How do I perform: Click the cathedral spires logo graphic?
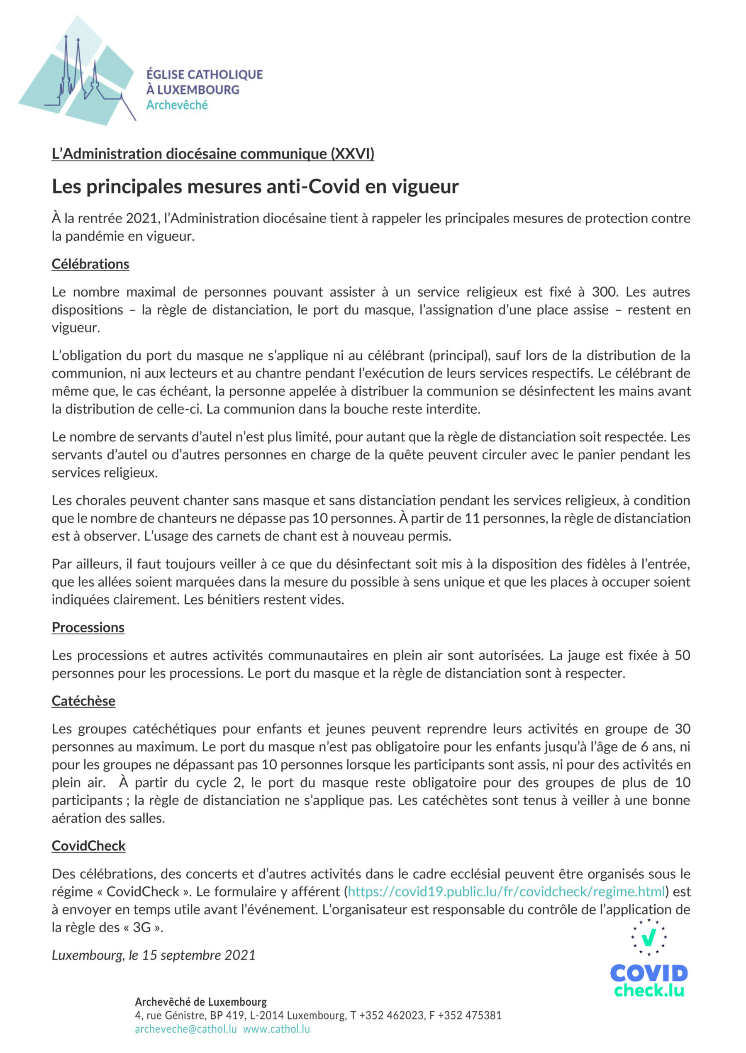coord(76,71)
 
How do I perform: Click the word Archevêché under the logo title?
coord(177,105)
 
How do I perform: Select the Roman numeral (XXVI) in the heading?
coord(352,154)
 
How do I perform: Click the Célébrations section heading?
coord(90,264)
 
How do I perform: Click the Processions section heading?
coord(88,627)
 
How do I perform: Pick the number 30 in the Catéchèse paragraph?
coord(682,729)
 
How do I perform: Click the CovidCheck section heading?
coord(88,846)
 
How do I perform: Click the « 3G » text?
coord(141,928)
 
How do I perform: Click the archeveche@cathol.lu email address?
coord(185,1029)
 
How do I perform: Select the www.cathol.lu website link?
coord(276,1029)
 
